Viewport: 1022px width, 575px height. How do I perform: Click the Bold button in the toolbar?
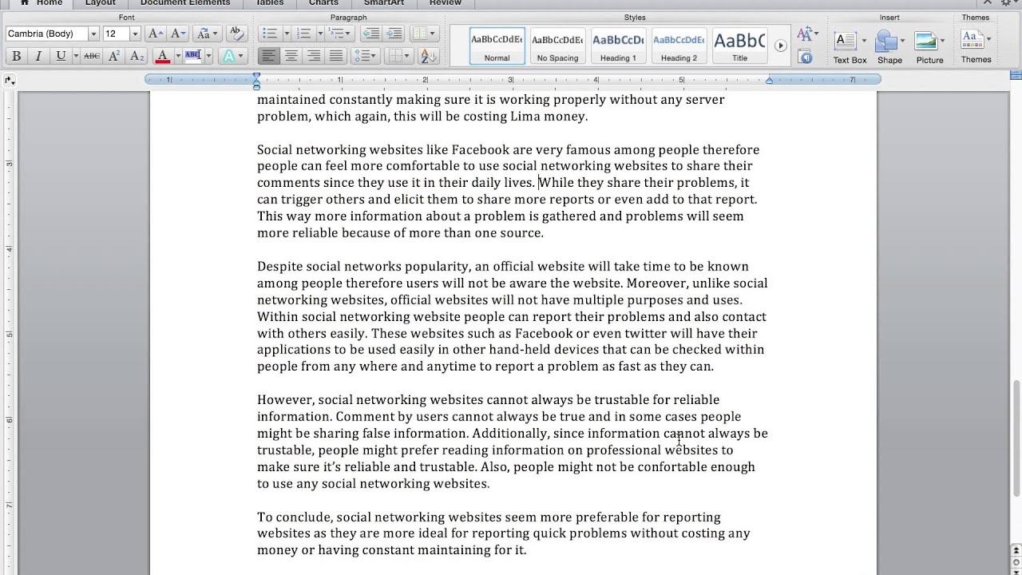pos(16,56)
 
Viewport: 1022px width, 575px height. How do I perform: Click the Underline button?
pos(61,56)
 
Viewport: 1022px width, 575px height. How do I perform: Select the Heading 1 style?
pos(618,46)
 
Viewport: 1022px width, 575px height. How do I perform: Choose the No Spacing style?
pos(557,46)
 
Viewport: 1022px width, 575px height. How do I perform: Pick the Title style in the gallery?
pos(739,46)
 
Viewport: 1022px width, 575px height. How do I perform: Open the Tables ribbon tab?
pos(270,3)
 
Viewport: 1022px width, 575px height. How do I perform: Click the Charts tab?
pos(323,3)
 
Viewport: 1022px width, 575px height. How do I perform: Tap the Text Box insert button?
pos(849,47)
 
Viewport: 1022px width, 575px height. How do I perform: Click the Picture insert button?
pos(929,47)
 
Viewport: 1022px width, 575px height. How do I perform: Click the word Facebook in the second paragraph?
pos(480,150)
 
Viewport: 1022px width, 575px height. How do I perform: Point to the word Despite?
pos(279,267)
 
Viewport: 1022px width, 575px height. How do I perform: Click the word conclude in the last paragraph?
pos(303,517)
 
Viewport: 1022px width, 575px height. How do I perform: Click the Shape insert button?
pos(889,47)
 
